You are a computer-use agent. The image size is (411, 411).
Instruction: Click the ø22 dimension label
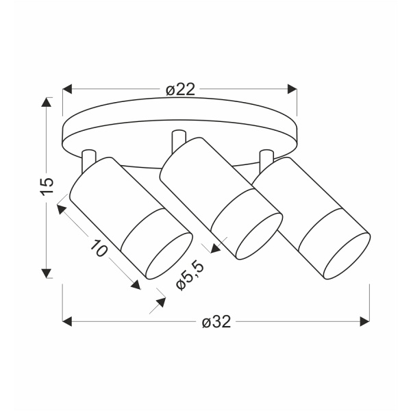(181, 90)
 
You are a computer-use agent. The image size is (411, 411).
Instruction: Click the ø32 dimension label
(216, 322)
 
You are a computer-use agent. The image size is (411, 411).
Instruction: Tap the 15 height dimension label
(47, 186)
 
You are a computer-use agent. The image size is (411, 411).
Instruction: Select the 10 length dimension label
(99, 248)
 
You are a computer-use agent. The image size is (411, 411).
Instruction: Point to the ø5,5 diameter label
(190, 276)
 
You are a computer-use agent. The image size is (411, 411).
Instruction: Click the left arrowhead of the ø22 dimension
(67, 89)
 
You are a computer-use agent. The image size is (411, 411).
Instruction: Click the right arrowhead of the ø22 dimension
(292, 89)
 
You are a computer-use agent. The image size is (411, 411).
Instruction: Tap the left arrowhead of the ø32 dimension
(67, 322)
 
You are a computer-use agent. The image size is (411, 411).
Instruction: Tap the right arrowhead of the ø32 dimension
(364, 322)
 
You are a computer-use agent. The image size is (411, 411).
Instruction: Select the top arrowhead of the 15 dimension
(47, 102)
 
